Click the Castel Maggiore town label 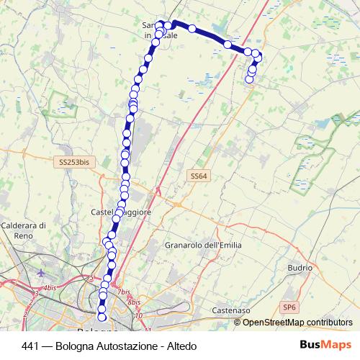pos(120,212)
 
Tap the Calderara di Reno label pos(24,230)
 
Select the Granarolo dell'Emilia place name pos(203,245)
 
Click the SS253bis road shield pos(73,162)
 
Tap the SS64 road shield pos(198,176)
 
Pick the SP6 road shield pos(289,307)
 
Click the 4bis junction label pos(49,288)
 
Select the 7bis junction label pos(125,292)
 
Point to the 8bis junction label pos(134,302)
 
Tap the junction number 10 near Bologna pos(139,315)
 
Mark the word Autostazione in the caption pos(130,346)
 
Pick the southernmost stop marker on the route pos(102,317)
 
